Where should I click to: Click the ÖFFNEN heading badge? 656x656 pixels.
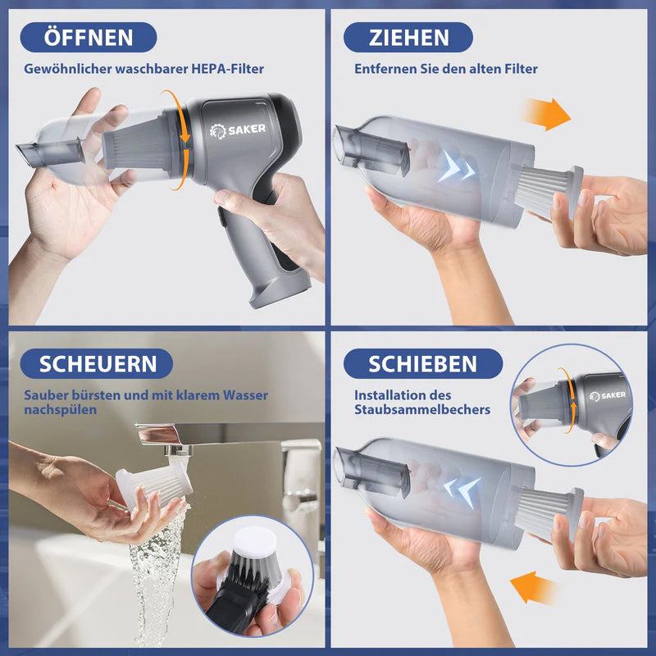[x=89, y=37]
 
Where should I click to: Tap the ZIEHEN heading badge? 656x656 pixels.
[x=408, y=37]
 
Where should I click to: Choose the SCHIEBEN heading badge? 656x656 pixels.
[x=422, y=363]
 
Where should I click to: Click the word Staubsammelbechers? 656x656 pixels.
[x=422, y=409]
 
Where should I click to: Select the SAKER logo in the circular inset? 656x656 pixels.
[x=607, y=395]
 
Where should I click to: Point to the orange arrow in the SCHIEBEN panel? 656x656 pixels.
[x=532, y=588]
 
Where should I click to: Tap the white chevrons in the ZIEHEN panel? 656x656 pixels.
[x=457, y=170]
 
